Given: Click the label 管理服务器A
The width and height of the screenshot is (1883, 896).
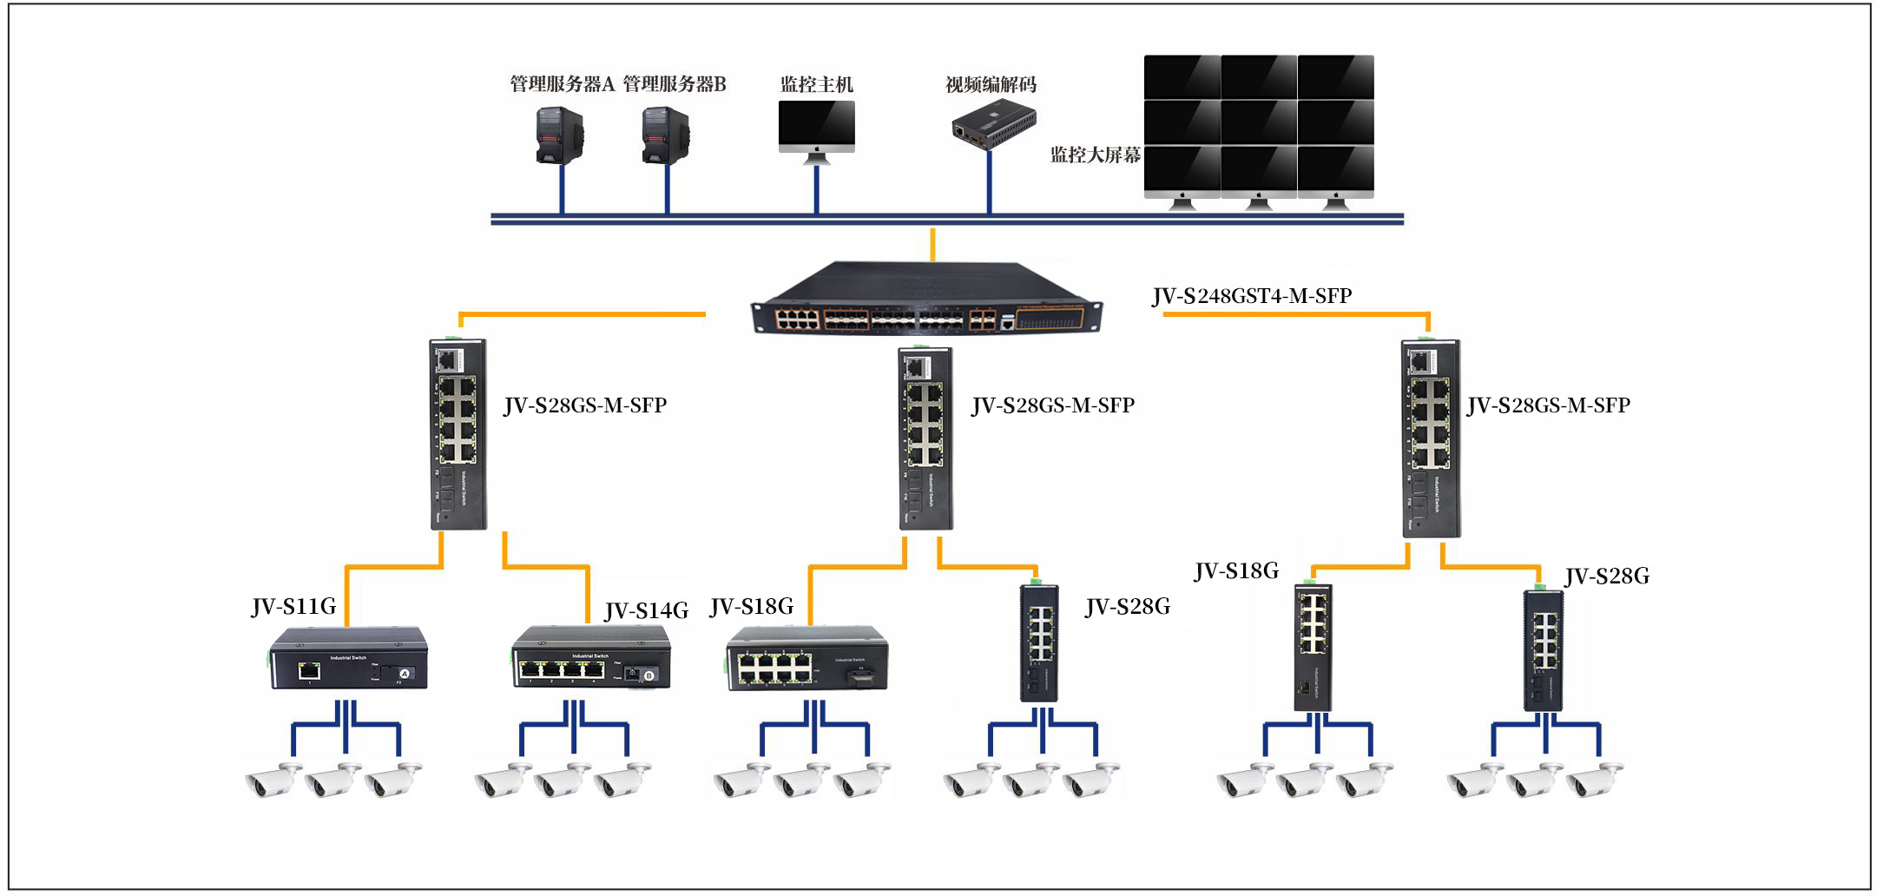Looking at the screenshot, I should tap(562, 84).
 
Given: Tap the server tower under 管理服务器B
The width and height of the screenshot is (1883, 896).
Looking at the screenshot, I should tap(666, 135).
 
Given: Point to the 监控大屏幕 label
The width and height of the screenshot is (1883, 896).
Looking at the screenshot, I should tap(1095, 155).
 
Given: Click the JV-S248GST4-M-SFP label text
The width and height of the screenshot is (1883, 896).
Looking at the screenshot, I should tap(1251, 296).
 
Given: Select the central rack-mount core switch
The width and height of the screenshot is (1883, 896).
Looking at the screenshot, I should tap(926, 300).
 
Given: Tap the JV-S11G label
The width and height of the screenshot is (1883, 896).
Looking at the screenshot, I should tap(293, 606).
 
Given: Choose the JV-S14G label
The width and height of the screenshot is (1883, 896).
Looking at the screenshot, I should tap(647, 610).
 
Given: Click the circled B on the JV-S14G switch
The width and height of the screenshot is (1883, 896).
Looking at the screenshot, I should tap(649, 675).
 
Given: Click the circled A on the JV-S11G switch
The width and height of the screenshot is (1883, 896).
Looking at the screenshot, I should tap(405, 674).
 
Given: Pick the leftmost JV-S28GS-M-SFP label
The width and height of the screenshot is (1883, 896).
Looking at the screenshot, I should tap(585, 405).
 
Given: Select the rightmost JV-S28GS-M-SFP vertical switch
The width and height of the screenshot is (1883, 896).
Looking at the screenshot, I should tap(1430, 438).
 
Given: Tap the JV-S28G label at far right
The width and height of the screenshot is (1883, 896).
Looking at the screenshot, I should tap(1607, 576).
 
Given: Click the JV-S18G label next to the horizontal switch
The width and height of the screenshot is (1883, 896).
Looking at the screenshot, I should tap(752, 606).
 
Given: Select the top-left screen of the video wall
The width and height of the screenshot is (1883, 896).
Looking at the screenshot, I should tap(1182, 77).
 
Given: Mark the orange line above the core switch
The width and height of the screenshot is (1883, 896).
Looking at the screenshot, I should tap(932, 244).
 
